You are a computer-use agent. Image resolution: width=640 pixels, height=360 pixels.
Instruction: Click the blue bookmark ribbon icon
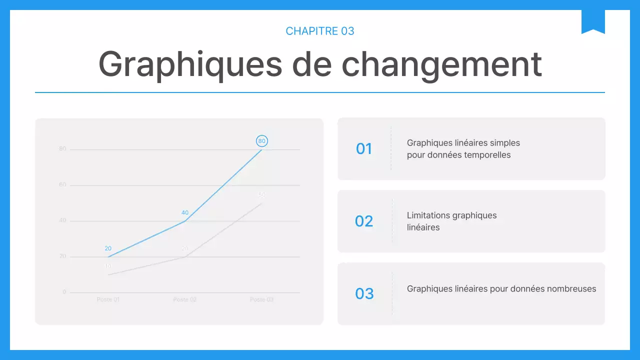pos(593,21)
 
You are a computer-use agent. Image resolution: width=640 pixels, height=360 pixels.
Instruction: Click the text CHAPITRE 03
pos(320,31)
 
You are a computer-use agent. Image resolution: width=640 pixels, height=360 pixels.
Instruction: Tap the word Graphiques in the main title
pos(190,64)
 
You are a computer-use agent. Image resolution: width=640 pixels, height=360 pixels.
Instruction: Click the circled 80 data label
pos(261,141)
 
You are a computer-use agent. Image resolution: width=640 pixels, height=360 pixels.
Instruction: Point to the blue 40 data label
pos(185,212)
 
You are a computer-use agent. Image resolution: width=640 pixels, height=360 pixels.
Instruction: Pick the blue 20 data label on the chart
pos(108,248)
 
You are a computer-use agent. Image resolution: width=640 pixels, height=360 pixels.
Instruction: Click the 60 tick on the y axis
pos(62,185)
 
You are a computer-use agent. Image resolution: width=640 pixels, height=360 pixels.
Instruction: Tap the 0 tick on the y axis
pos(64,292)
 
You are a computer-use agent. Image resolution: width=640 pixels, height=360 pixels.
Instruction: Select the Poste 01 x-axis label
pos(108,299)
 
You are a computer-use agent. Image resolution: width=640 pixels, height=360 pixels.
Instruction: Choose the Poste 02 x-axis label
pos(185,299)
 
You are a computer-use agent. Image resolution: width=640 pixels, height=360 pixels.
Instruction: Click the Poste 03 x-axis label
pos(261,299)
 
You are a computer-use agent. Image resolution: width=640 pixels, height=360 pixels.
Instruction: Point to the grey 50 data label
pos(261,194)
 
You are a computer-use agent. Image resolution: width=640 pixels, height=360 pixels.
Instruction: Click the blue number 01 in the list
pos(364,148)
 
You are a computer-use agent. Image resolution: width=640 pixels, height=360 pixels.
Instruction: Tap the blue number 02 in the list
pos(364,221)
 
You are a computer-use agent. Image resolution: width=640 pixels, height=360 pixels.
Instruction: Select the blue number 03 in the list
pos(364,293)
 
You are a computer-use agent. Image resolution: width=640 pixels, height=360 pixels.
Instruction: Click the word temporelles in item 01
pos(487,155)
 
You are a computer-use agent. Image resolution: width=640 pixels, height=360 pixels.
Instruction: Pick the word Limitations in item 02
pos(428,215)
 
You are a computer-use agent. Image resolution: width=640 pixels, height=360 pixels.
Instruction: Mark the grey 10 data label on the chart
pos(108,266)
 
